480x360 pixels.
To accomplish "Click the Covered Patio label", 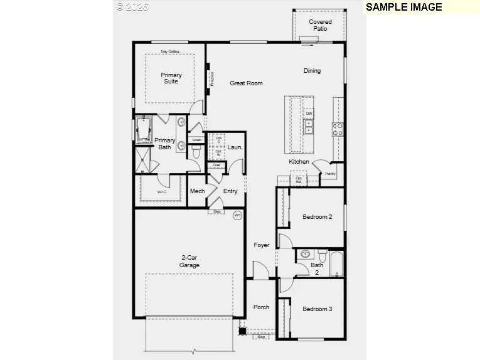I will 320,25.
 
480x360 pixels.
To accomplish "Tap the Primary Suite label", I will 171,78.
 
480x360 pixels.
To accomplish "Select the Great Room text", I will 246,83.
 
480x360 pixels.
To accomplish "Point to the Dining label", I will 312,71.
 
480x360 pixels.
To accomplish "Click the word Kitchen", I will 299,162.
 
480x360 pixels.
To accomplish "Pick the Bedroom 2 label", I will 317,217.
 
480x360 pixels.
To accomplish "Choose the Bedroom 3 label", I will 317,309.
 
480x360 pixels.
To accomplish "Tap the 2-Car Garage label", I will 189,262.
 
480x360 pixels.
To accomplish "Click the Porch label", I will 261,307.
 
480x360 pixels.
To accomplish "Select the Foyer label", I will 262,245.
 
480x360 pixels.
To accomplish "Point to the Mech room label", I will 197,191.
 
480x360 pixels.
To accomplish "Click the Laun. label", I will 235,147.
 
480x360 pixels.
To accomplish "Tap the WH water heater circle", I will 237,215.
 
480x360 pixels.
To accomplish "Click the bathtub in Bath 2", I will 336,264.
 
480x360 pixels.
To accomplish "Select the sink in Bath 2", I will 305,255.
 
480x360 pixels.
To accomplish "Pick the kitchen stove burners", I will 338,129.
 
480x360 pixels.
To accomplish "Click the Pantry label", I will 330,174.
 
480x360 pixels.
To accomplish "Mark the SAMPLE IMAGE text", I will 403,8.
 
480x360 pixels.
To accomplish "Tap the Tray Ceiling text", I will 169,51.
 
